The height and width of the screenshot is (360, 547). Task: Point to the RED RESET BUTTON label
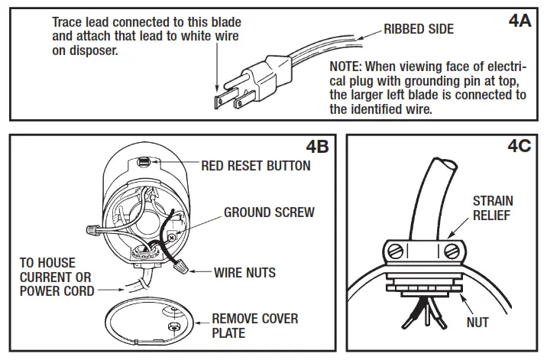(x=255, y=166)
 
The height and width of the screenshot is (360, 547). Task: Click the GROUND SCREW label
(x=268, y=212)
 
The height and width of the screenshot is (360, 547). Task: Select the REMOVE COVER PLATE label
(x=254, y=326)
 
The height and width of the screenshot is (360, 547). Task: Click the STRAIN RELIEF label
(x=493, y=208)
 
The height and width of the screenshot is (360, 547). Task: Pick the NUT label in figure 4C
(x=477, y=323)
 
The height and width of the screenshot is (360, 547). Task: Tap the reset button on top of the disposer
(x=146, y=161)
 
